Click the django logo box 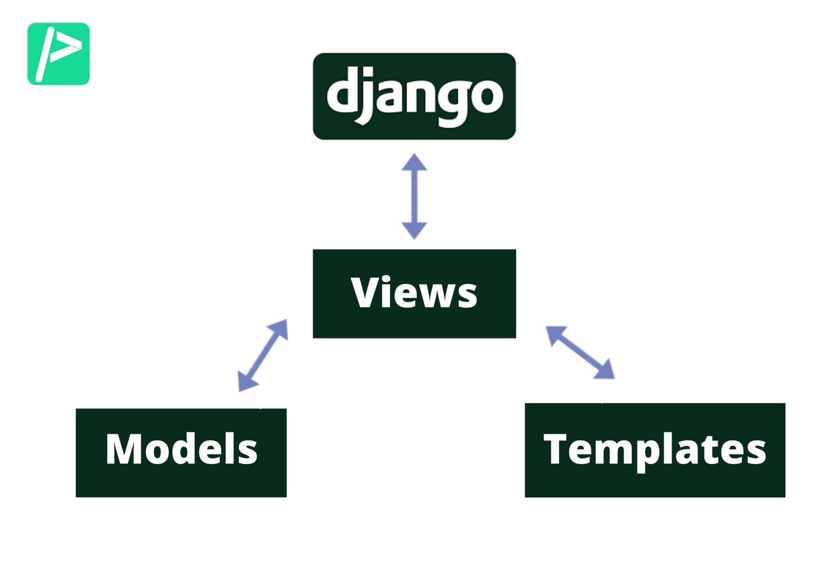(414, 96)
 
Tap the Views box (414, 294)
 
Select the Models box (181, 452)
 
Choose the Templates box (654, 450)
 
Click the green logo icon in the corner (58, 54)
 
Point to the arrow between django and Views (414, 196)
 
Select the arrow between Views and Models (263, 355)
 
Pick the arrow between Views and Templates (580, 352)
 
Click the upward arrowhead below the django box (414, 162)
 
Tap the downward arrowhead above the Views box (414, 230)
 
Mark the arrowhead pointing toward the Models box (246, 382)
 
